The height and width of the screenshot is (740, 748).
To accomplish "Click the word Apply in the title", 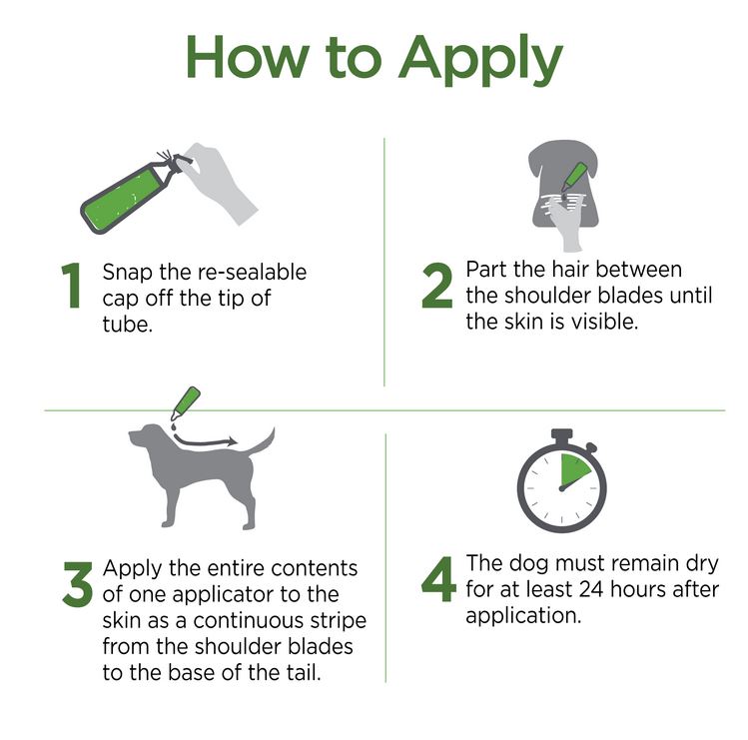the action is tap(481, 60).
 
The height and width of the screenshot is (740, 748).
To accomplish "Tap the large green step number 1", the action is tap(72, 285).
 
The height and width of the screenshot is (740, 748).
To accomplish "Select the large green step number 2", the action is tap(436, 285).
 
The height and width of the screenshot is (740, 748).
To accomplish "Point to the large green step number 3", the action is tap(77, 584).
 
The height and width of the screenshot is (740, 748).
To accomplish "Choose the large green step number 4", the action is tap(438, 579).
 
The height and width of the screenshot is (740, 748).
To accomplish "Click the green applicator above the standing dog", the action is tap(186, 403).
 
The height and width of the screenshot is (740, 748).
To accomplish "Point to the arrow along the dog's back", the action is tap(204, 441).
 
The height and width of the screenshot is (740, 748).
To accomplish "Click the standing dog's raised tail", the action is tap(263, 442).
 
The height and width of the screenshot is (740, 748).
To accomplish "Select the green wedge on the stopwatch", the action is tap(574, 469).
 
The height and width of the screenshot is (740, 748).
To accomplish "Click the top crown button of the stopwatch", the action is tap(562, 436).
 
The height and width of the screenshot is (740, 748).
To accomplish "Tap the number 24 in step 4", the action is tap(591, 590).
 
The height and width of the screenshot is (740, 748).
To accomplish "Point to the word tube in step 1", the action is tap(128, 324).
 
